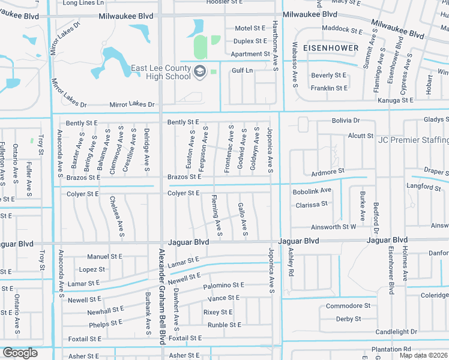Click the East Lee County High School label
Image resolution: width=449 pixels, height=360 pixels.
coord(161,72)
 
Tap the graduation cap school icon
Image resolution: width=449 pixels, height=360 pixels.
coord(199,73)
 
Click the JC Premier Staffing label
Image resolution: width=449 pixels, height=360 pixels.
coord(413,140)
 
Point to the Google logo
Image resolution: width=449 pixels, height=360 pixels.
coord(20,353)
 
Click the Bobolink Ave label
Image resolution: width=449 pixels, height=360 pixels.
coord(312,190)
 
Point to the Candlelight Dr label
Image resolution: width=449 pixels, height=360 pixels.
coord(396,332)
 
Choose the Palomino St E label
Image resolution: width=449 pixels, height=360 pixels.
coord(223,285)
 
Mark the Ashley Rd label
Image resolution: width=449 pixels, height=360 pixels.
coord(291,262)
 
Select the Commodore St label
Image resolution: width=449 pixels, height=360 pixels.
coord(344,306)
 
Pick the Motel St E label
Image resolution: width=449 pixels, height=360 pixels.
coord(250,28)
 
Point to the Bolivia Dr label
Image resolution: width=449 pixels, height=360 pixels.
coord(346,121)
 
